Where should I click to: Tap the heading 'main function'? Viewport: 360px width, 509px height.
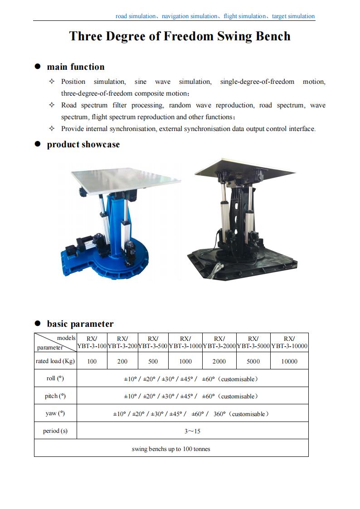coord(76,67)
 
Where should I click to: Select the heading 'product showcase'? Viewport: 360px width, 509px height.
coord(83,145)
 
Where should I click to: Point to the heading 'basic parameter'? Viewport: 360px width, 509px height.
coord(80,324)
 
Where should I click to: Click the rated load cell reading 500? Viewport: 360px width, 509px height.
coord(153,361)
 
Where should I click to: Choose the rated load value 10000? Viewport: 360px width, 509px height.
coord(289,361)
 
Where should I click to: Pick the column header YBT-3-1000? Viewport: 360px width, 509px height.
coord(185,346)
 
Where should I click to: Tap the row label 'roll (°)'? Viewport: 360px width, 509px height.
coord(55,378)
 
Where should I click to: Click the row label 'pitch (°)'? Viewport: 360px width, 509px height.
coord(55,396)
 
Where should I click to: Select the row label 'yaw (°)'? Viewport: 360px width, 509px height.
coord(55,413)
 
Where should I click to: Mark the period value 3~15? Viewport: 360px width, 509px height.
coord(192,431)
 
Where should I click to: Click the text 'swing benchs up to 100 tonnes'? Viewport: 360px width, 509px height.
coord(171,449)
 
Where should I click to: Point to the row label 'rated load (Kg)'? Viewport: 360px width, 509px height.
coord(55,361)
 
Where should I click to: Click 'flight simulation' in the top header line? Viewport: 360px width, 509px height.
coord(245,16)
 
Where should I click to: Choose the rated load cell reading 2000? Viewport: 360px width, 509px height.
coord(219,361)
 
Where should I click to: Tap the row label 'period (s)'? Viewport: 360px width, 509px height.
coord(55,431)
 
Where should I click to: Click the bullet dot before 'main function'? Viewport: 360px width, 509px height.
coord(38,67)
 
